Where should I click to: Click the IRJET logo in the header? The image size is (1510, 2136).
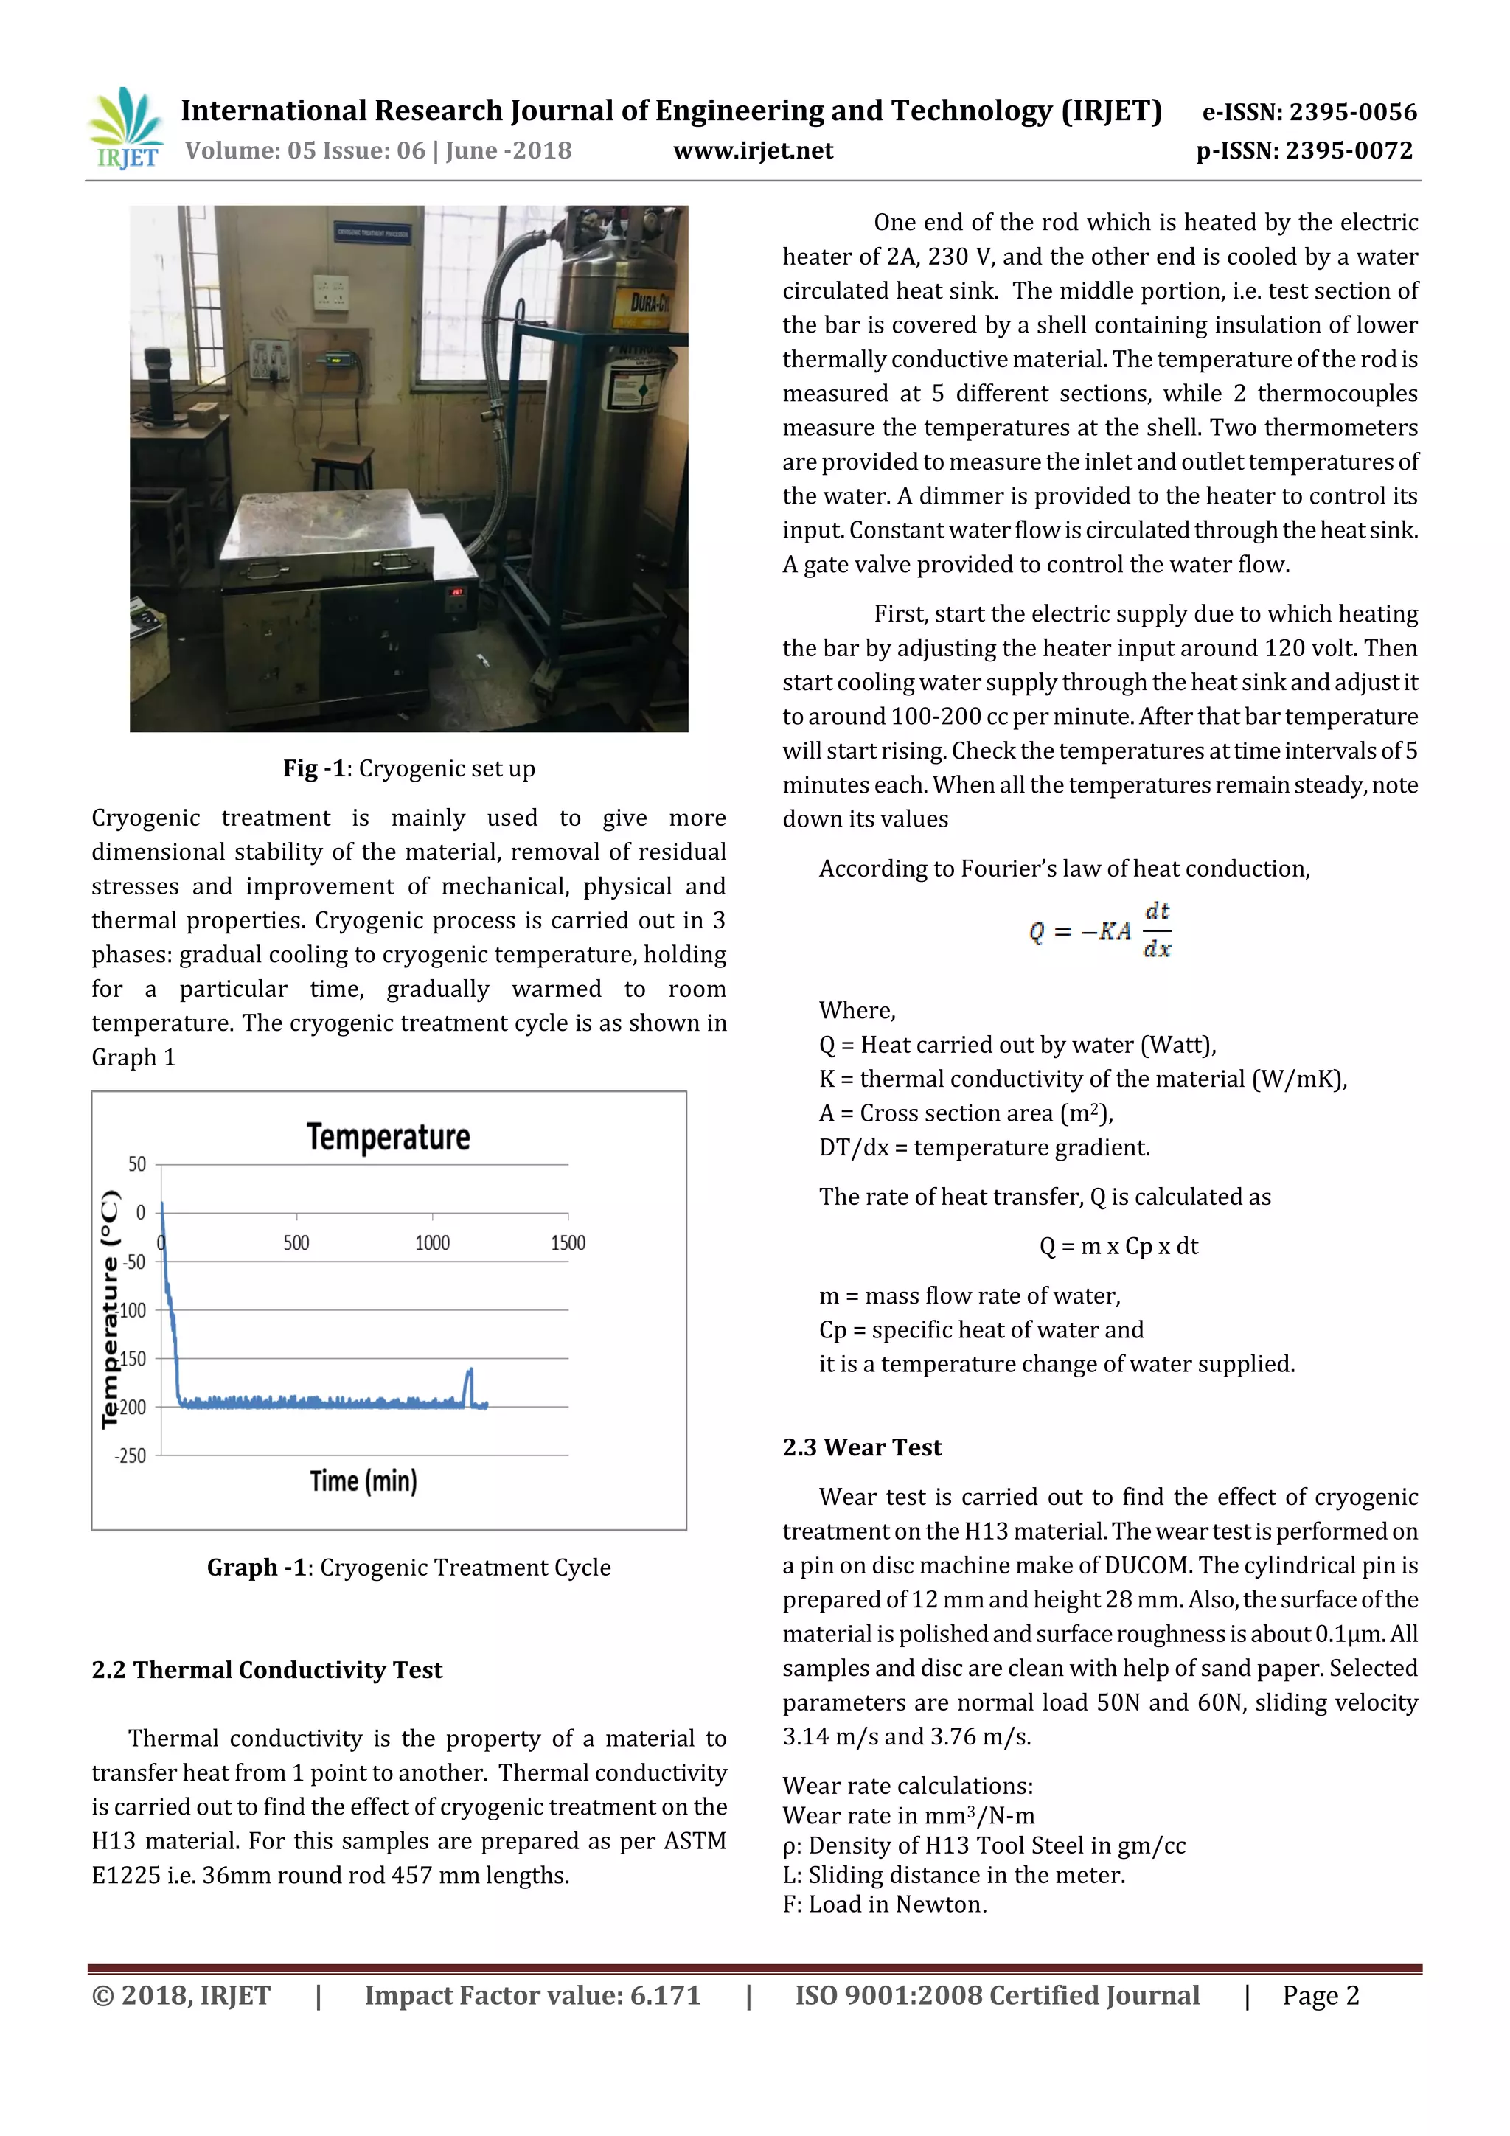point(125,128)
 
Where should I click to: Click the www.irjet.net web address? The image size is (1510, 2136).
point(753,150)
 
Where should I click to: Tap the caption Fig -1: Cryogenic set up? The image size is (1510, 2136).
point(408,768)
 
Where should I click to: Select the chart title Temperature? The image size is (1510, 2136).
point(388,1137)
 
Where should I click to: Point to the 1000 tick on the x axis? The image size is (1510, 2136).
point(432,1243)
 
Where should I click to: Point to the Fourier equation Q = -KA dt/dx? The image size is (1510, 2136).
point(1100,930)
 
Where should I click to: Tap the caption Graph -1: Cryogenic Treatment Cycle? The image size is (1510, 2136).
point(408,1568)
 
